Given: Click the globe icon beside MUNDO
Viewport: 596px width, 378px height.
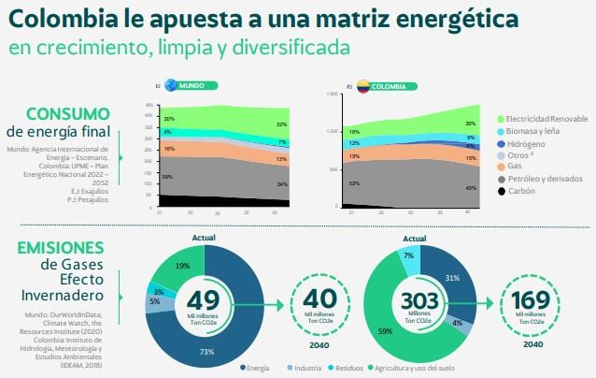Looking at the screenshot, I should tap(170, 85).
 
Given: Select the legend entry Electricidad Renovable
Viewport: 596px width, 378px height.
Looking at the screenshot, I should tap(546, 119).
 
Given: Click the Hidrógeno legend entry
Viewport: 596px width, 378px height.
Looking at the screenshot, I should tap(529, 143).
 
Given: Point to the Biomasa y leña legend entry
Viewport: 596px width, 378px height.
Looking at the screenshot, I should tap(535, 131).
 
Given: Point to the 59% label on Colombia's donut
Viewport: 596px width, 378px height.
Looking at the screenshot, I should tap(385, 330).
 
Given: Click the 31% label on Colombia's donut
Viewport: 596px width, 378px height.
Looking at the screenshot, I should tap(452, 278).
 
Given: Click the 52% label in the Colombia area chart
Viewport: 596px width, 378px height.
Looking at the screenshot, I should tap(354, 183).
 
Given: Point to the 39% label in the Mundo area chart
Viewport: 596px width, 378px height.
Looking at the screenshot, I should tap(167, 176).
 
